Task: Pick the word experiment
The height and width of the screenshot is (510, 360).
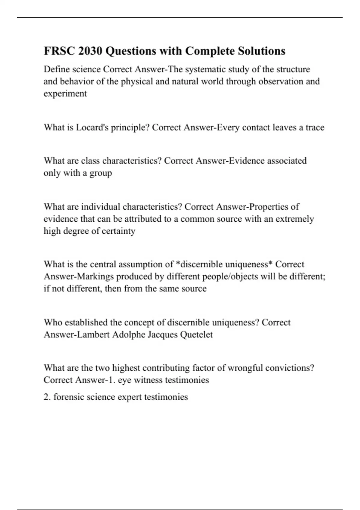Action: click(x=65, y=94)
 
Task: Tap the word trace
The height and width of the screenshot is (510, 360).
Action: click(x=315, y=127)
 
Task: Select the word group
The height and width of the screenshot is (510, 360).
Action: click(x=101, y=173)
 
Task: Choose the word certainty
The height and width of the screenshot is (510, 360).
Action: click(x=118, y=231)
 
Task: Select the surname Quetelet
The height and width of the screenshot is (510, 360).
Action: click(x=196, y=334)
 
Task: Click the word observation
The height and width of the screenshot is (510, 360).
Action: click(x=280, y=81)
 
